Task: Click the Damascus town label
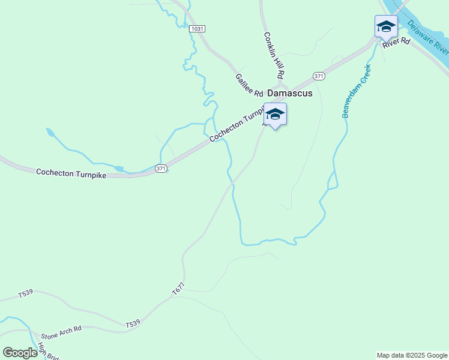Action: click(x=289, y=94)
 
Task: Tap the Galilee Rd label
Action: click(x=249, y=86)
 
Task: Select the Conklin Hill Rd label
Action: click(x=273, y=55)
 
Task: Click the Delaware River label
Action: click(x=428, y=35)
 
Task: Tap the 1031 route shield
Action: click(x=196, y=29)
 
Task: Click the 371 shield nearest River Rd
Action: click(x=319, y=76)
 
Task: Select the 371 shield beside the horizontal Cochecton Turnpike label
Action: click(x=160, y=169)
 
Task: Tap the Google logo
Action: click(x=20, y=353)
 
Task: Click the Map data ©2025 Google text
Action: click(x=412, y=355)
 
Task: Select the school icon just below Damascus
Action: click(x=275, y=115)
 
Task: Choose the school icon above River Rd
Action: click(x=386, y=27)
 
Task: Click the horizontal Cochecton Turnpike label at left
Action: click(x=71, y=173)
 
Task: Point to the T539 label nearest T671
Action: click(x=133, y=323)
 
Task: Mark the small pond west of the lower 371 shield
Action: click(x=118, y=169)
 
